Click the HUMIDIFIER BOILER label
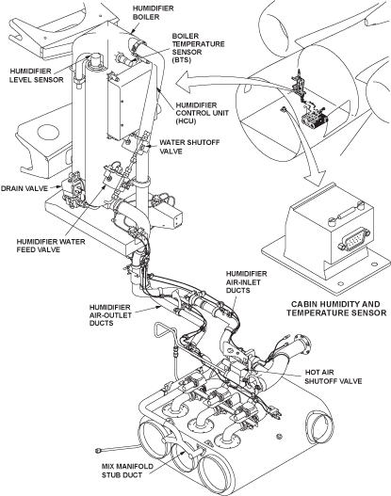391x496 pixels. point(153,12)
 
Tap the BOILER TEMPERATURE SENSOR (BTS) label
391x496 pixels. point(198,48)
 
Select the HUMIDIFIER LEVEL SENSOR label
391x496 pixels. point(36,75)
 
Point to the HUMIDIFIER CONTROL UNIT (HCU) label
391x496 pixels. point(202,113)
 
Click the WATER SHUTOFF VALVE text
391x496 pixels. point(189,147)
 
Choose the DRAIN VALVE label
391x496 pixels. point(24,188)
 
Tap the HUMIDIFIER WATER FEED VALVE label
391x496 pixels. point(51,246)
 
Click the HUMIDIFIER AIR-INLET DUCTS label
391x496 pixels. point(246,281)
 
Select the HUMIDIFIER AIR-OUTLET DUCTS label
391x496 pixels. point(110,315)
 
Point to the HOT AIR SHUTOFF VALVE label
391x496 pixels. point(334,376)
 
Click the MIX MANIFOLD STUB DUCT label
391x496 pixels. point(127,471)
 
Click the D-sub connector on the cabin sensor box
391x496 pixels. point(353,241)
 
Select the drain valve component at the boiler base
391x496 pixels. point(73,191)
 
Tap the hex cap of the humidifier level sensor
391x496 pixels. point(95,59)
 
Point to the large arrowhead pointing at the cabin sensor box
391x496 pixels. point(314,178)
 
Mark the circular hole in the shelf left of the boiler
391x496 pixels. point(47,133)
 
